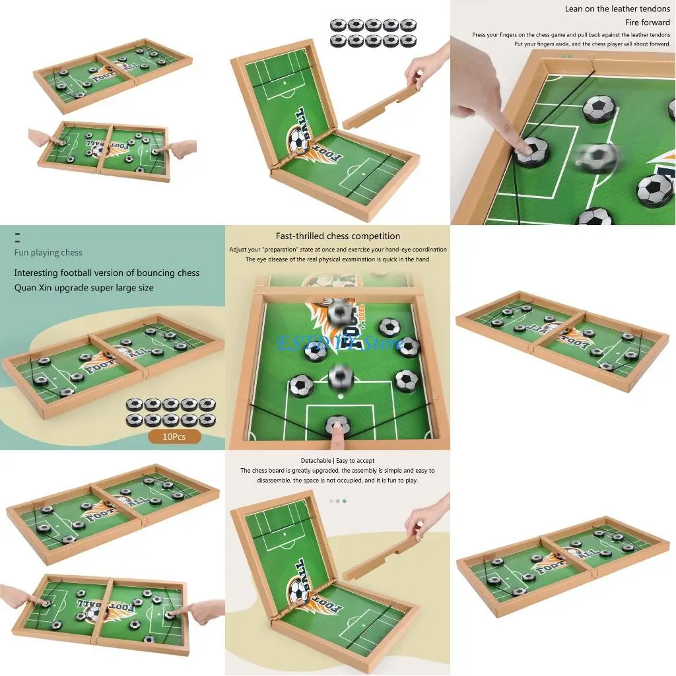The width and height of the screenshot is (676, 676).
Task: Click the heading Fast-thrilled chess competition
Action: pyautogui.click(x=338, y=236)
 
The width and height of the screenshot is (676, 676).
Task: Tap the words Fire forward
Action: pyautogui.click(x=647, y=22)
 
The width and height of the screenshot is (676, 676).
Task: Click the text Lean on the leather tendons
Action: pyautogui.click(x=617, y=9)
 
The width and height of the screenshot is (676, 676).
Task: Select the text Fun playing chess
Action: pyautogui.click(x=48, y=252)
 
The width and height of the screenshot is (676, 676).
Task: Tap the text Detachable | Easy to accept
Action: pyautogui.click(x=337, y=460)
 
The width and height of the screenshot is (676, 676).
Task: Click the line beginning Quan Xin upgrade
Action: pyautogui.click(x=84, y=287)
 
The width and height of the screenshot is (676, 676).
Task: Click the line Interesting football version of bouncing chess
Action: pyautogui.click(x=106, y=273)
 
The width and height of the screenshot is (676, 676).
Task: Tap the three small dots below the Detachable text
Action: pyautogui.click(x=337, y=500)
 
